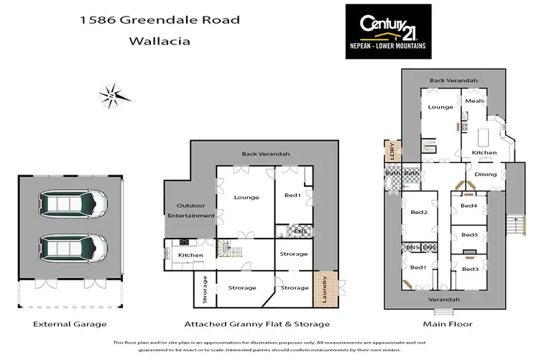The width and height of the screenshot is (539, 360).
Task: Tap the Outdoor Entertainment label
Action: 191,211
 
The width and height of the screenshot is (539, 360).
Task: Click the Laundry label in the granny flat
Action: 325,290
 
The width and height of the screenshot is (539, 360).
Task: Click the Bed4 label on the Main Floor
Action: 469,206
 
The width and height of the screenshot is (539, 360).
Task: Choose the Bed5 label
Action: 469,235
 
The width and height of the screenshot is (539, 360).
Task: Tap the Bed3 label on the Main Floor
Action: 469,269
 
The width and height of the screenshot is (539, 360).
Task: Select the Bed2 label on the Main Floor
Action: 419,212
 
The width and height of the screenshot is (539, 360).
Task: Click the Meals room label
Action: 475,101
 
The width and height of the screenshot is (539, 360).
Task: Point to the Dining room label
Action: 486,174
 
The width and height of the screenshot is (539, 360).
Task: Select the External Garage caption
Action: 66,324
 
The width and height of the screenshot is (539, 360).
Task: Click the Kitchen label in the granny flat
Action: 190,255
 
